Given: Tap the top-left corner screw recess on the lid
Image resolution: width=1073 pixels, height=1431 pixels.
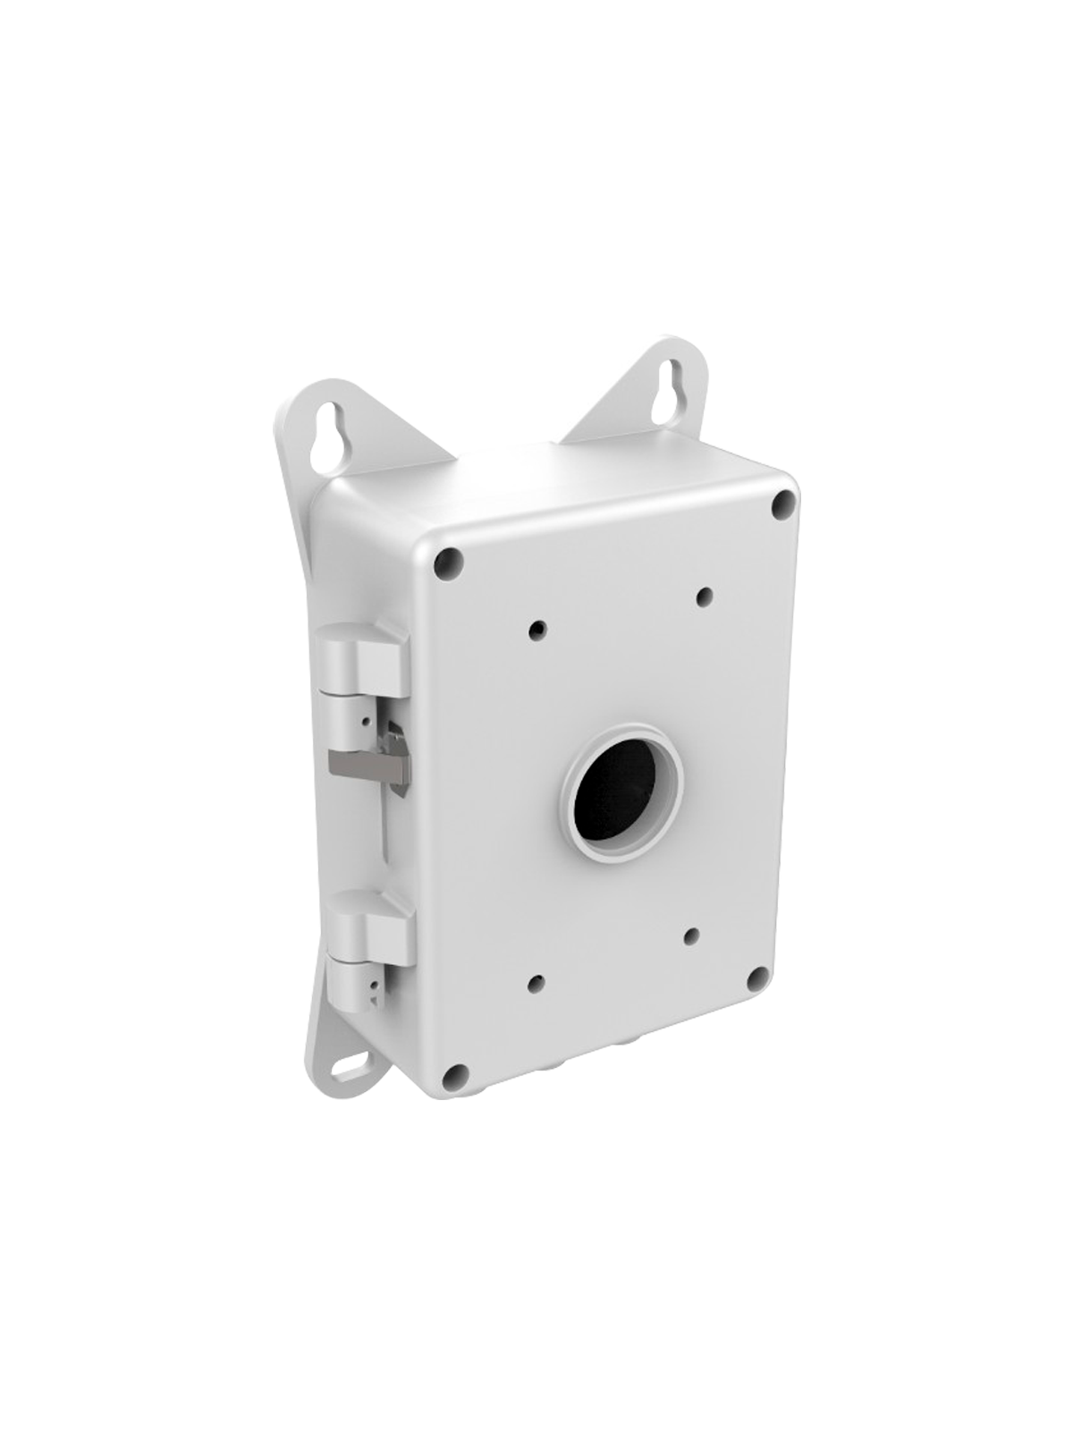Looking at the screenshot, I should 449,563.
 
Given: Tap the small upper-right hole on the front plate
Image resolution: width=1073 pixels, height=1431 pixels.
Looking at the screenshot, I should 705,594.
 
